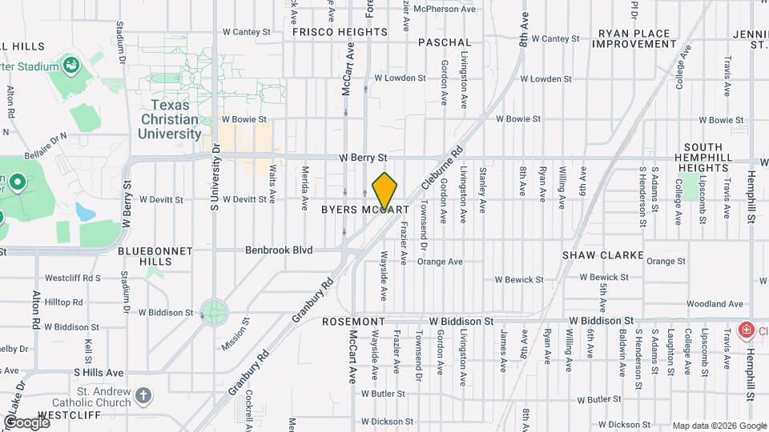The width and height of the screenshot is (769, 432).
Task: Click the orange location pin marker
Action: click(385, 190)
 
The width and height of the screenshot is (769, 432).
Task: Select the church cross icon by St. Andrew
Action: click(143, 396)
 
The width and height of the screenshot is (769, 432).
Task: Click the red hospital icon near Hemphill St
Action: click(746, 330)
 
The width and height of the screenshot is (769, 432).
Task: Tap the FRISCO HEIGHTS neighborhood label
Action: click(340, 32)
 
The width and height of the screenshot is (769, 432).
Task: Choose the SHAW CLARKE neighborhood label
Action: click(603, 255)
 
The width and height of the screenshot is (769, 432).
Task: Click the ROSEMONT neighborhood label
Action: click(353, 321)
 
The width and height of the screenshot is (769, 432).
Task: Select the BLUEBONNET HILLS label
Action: click(155, 256)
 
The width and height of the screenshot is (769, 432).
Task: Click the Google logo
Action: click(26, 422)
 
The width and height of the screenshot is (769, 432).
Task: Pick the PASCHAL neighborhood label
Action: click(445, 42)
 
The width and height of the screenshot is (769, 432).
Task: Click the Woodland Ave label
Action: click(715, 304)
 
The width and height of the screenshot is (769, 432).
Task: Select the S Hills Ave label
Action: click(99, 372)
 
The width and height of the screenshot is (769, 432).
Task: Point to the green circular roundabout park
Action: click(214, 311)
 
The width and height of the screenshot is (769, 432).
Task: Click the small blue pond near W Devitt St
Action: click(84, 212)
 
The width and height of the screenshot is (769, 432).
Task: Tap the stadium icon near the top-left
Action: click(70, 64)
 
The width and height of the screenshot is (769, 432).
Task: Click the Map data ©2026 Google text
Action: click(719, 426)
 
